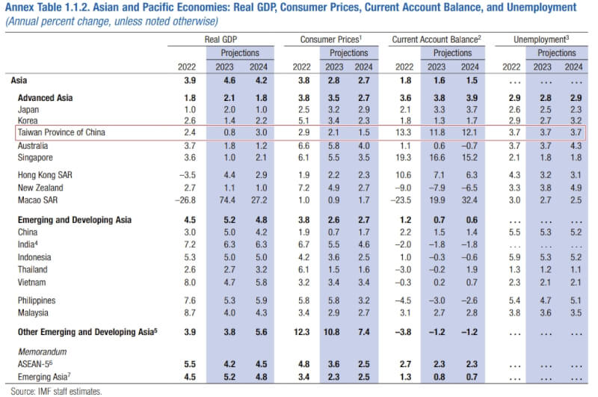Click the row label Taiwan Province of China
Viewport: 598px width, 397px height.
[x=61, y=132]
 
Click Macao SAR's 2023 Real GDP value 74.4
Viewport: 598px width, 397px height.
[x=232, y=200]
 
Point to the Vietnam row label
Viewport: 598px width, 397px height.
[x=33, y=281]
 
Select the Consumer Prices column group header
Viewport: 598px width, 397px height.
[x=331, y=37]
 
